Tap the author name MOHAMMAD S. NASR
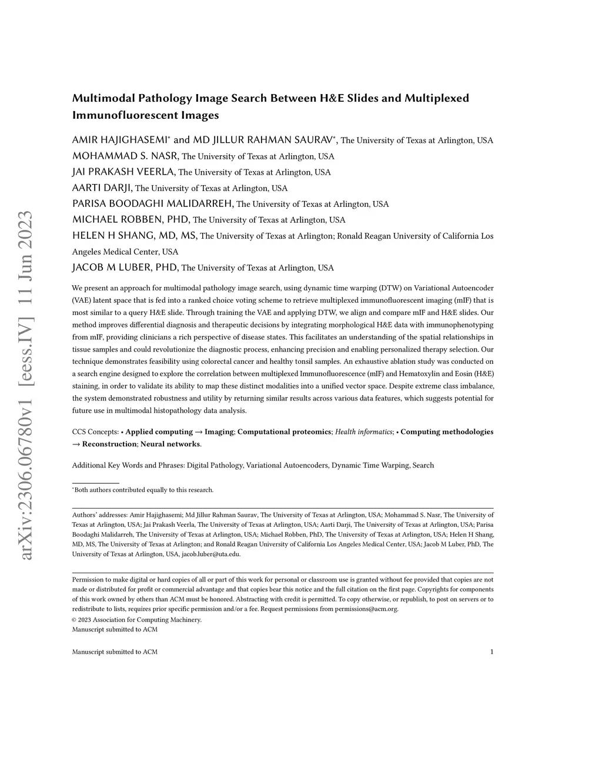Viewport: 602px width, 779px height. (125, 156)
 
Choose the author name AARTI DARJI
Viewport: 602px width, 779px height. (102, 188)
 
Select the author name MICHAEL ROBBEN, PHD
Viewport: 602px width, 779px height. (131, 219)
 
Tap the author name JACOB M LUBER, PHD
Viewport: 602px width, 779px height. (125, 268)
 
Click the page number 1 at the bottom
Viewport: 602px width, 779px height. (491, 651)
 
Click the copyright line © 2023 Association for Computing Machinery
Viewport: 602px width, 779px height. (136, 620)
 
